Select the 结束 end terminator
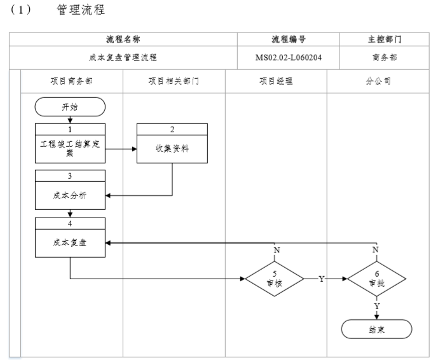click(376, 329)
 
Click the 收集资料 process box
click(172, 149)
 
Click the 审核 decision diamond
click(275, 279)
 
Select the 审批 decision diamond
click(376, 279)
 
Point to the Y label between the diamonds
click(322, 279)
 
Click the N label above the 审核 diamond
click(276, 250)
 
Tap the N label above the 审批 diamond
click(376, 250)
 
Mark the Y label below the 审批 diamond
click(376, 307)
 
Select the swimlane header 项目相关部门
click(174, 81)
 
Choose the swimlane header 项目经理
click(276, 81)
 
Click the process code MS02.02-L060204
click(289, 57)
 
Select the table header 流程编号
click(289, 39)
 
